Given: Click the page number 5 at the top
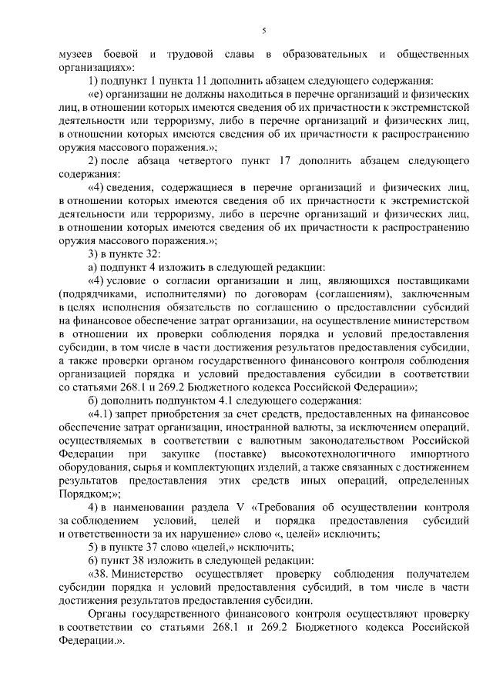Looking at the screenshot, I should pos(263,31).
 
